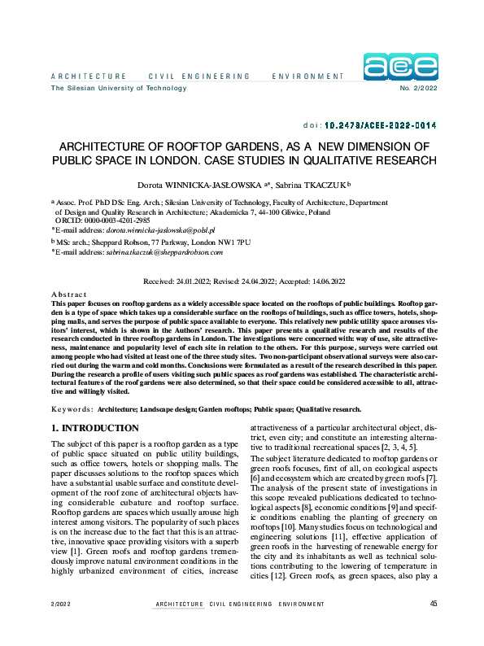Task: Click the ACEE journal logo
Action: (x=400, y=68)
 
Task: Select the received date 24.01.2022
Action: (x=192, y=282)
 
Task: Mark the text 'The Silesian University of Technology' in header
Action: (x=119, y=88)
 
